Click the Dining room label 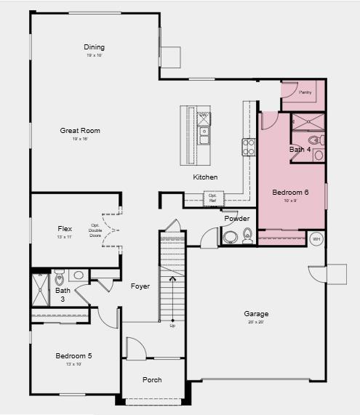click(95, 48)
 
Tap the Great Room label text click(80, 131)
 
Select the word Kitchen click(205, 177)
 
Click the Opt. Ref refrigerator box click(213, 197)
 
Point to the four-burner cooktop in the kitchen click(249, 148)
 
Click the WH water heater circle click(316, 238)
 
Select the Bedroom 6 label click(290, 193)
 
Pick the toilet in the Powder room click(247, 234)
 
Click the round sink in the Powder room click(231, 236)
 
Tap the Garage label click(256, 314)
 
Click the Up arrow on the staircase click(172, 278)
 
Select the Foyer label click(140, 286)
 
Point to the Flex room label click(65, 228)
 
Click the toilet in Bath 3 click(60, 277)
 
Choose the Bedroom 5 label click(73, 356)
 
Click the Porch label click(152, 380)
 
